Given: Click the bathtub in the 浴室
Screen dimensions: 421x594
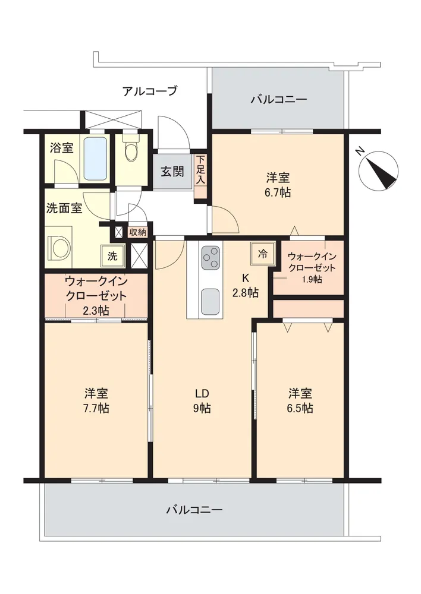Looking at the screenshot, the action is [x=95, y=159].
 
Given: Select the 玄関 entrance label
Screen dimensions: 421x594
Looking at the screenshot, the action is [x=172, y=172].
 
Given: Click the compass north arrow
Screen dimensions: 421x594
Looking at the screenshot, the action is [x=382, y=170].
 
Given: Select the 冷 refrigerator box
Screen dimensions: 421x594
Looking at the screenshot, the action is [x=262, y=254].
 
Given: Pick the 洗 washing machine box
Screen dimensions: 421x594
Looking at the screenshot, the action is [x=112, y=256].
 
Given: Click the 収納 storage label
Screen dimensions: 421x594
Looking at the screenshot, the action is [x=138, y=232].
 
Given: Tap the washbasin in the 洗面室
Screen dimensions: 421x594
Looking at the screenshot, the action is [x=60, y=247].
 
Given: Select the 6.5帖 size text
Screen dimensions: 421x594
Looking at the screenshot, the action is [x=300, y=409].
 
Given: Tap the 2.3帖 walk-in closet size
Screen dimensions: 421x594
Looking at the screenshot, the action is [x=96, y=311].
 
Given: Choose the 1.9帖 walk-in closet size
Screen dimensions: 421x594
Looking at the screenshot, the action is [x=313, y=279].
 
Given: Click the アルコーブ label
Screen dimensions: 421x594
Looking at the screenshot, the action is [x=150, y=91].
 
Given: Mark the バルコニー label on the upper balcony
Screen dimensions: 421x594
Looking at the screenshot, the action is [x=279, y=100].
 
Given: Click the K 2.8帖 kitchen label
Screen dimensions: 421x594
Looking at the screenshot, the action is [x=246, y=285].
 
